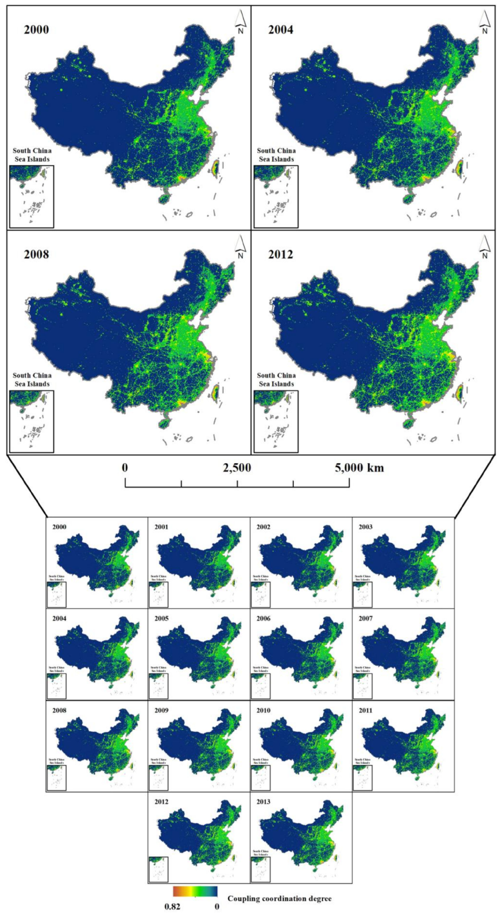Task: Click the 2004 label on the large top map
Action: click(x=281, y=30)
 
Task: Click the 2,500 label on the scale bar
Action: click(x=237, y=467)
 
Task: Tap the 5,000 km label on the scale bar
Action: click(x=359, y=467)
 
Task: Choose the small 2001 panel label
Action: click(x=161, y=527)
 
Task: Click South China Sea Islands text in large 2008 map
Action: click(x=32, y=379)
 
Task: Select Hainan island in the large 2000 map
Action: click(x=164, y=198)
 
